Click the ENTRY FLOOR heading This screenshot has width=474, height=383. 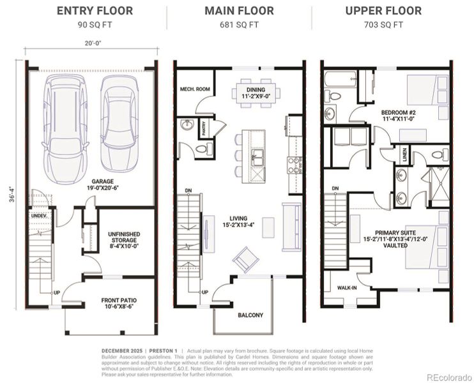[x=95, y=11]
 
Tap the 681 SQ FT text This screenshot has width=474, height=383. [x=239, y=25]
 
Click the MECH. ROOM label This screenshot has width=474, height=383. [x=195, y=89]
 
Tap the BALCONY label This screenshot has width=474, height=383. [x=250, y=315]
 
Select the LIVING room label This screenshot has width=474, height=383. [x=238, y=222]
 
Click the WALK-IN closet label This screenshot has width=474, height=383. [x=347, y=288]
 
